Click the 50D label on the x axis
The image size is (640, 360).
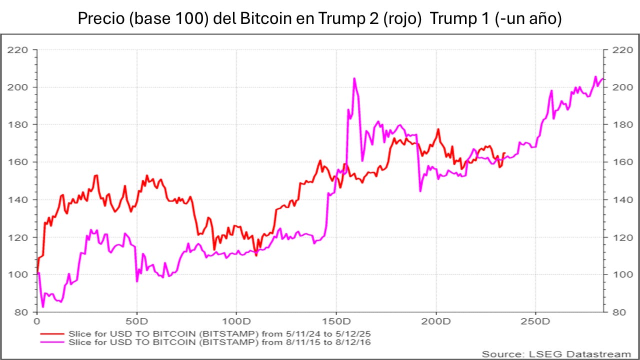pos(136,320)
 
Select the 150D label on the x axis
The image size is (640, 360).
pos(336,320)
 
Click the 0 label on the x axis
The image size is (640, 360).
pos(37,320)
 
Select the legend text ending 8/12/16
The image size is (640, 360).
pos(222,342)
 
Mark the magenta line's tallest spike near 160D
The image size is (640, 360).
pos(354,78)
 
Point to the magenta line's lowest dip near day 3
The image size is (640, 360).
pos(43,307)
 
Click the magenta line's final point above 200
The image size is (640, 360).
pos(603,78)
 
